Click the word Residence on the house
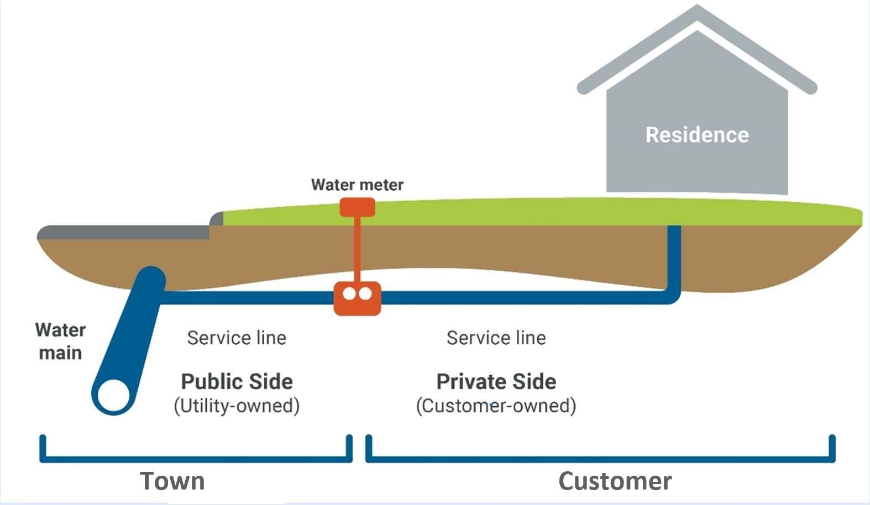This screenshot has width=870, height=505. [697, 135]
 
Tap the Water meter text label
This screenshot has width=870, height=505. [357, 185]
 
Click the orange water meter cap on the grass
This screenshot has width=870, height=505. [357, 208]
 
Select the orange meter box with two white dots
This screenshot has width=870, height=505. [357, 298]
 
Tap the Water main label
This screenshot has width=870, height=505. [60, 341]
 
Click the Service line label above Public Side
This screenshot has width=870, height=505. [237, 338]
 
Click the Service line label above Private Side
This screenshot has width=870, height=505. [496, 338]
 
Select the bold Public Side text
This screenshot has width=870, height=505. [237, 381]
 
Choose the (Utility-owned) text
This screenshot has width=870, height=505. [237, 406]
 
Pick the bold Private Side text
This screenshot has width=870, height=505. [496, 381]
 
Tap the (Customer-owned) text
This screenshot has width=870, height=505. [496, 406]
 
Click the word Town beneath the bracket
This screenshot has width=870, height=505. [172, 481]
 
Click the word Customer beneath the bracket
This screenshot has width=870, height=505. [615, 481]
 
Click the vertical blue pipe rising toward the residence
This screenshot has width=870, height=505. [674, 254]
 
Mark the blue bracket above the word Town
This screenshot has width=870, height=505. [196, 458]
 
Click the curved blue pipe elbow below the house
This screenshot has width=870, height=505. [670, 296]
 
